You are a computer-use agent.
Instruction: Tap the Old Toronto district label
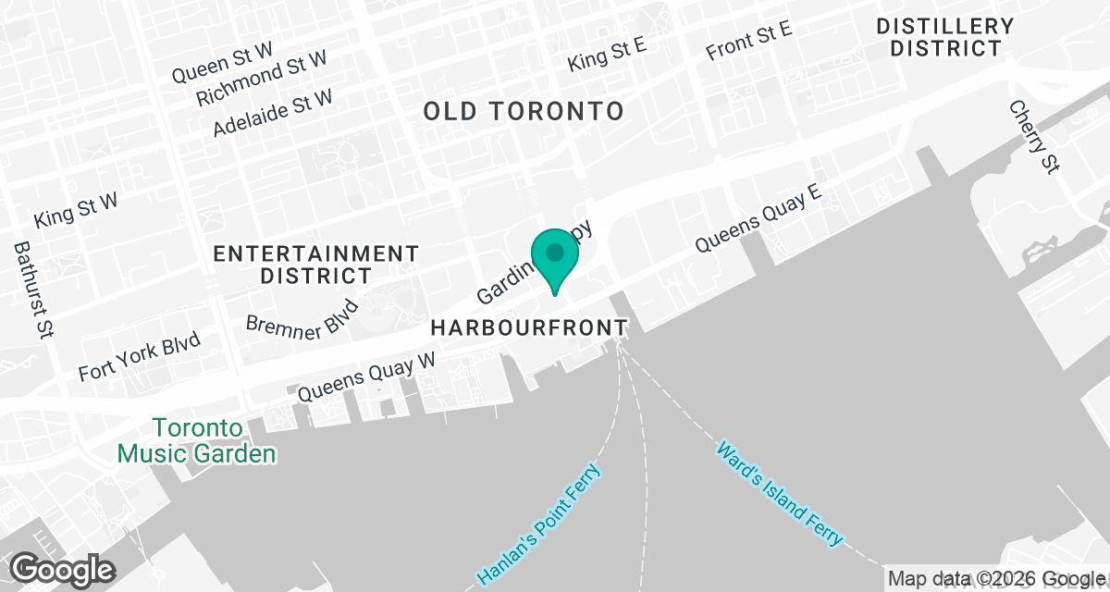point(524,112)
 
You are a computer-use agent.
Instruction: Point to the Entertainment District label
point(316,264)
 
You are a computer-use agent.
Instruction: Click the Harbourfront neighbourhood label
point(529,328)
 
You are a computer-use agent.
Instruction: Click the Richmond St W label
point(262,78)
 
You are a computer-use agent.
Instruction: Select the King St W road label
point(76,211)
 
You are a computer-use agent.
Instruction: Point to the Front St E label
point(748,41)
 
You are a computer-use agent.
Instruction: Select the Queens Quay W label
point(366,376)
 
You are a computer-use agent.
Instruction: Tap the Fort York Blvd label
point(140,358)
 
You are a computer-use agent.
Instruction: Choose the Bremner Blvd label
point(302,316)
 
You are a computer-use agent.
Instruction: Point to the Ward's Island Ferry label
point(780,493)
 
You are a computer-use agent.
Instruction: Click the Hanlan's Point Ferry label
point(539,524)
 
